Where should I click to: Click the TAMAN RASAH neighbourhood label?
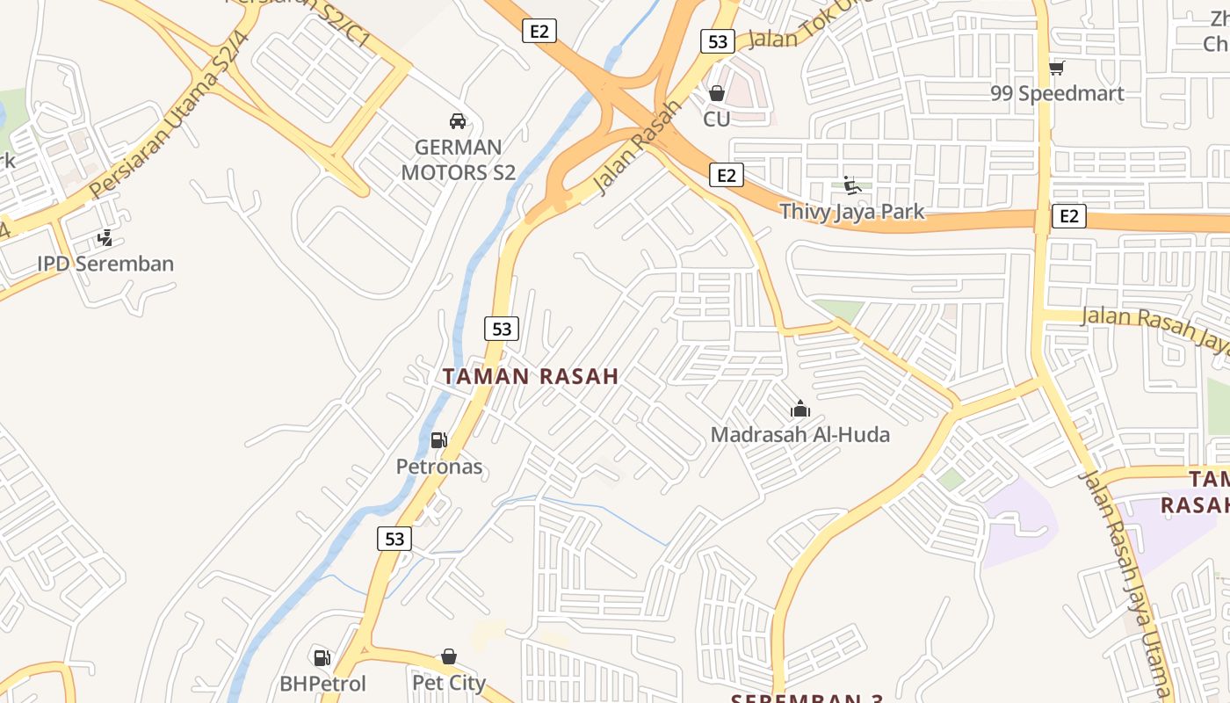point(531,377)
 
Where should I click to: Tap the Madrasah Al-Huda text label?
point(799,434)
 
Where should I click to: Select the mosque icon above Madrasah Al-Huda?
point(799,409)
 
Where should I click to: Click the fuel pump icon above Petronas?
point(438,440)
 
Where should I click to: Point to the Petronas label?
point(439,466)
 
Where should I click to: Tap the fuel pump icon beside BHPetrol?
point(322,657)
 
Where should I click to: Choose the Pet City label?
point(449,683)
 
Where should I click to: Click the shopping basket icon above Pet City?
point(449,656)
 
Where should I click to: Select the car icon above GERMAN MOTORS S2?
point(457,121)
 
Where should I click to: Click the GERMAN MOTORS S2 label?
point(458,160)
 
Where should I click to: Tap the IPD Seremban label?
point(105,264)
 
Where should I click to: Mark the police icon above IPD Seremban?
point(105,238)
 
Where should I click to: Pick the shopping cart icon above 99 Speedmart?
point(1057,68)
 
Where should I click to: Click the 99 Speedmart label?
point(1057,93)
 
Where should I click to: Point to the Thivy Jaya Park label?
point(852,211)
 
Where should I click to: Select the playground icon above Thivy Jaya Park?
point(851,185)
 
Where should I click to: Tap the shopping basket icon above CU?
point(717,93)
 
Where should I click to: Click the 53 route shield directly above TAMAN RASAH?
point(502,329)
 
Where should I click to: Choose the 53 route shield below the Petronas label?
point(394,538)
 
